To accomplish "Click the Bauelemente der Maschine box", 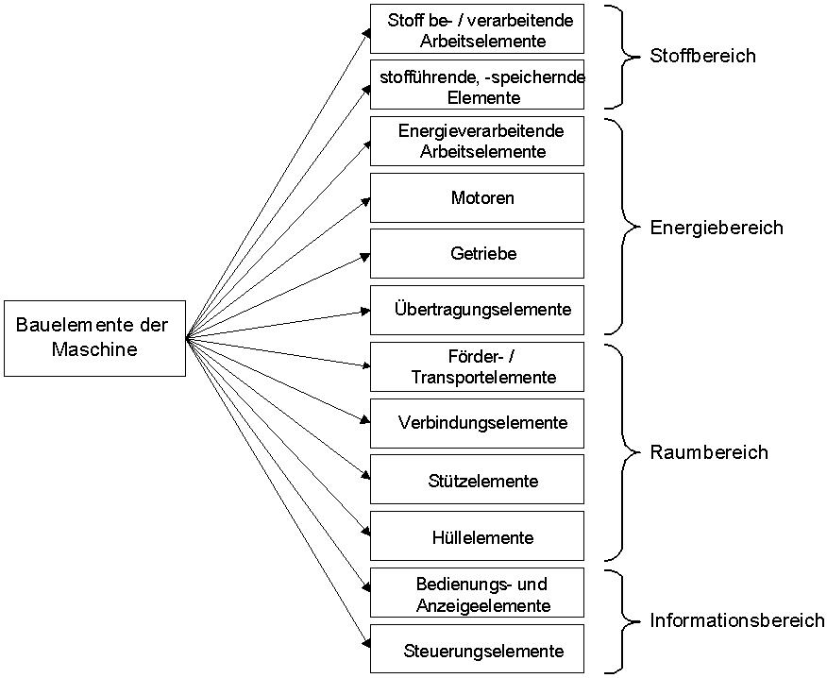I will (94, 338).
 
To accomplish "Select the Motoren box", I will (477, 197).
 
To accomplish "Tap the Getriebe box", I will (477, 253).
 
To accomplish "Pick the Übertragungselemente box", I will (477, 310).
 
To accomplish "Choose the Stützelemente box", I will (477, 480).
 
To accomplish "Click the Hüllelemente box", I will (477, 536).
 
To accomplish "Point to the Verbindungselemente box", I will (477, 423).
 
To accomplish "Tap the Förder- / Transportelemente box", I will (477, 366).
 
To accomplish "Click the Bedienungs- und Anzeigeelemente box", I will (477, 593).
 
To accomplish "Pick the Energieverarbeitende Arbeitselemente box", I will (477, 141).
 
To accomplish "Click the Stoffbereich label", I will (702, 56).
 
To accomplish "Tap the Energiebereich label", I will (716, 228).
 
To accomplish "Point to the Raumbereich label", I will (708, 452).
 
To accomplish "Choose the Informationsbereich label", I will (736, 620).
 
